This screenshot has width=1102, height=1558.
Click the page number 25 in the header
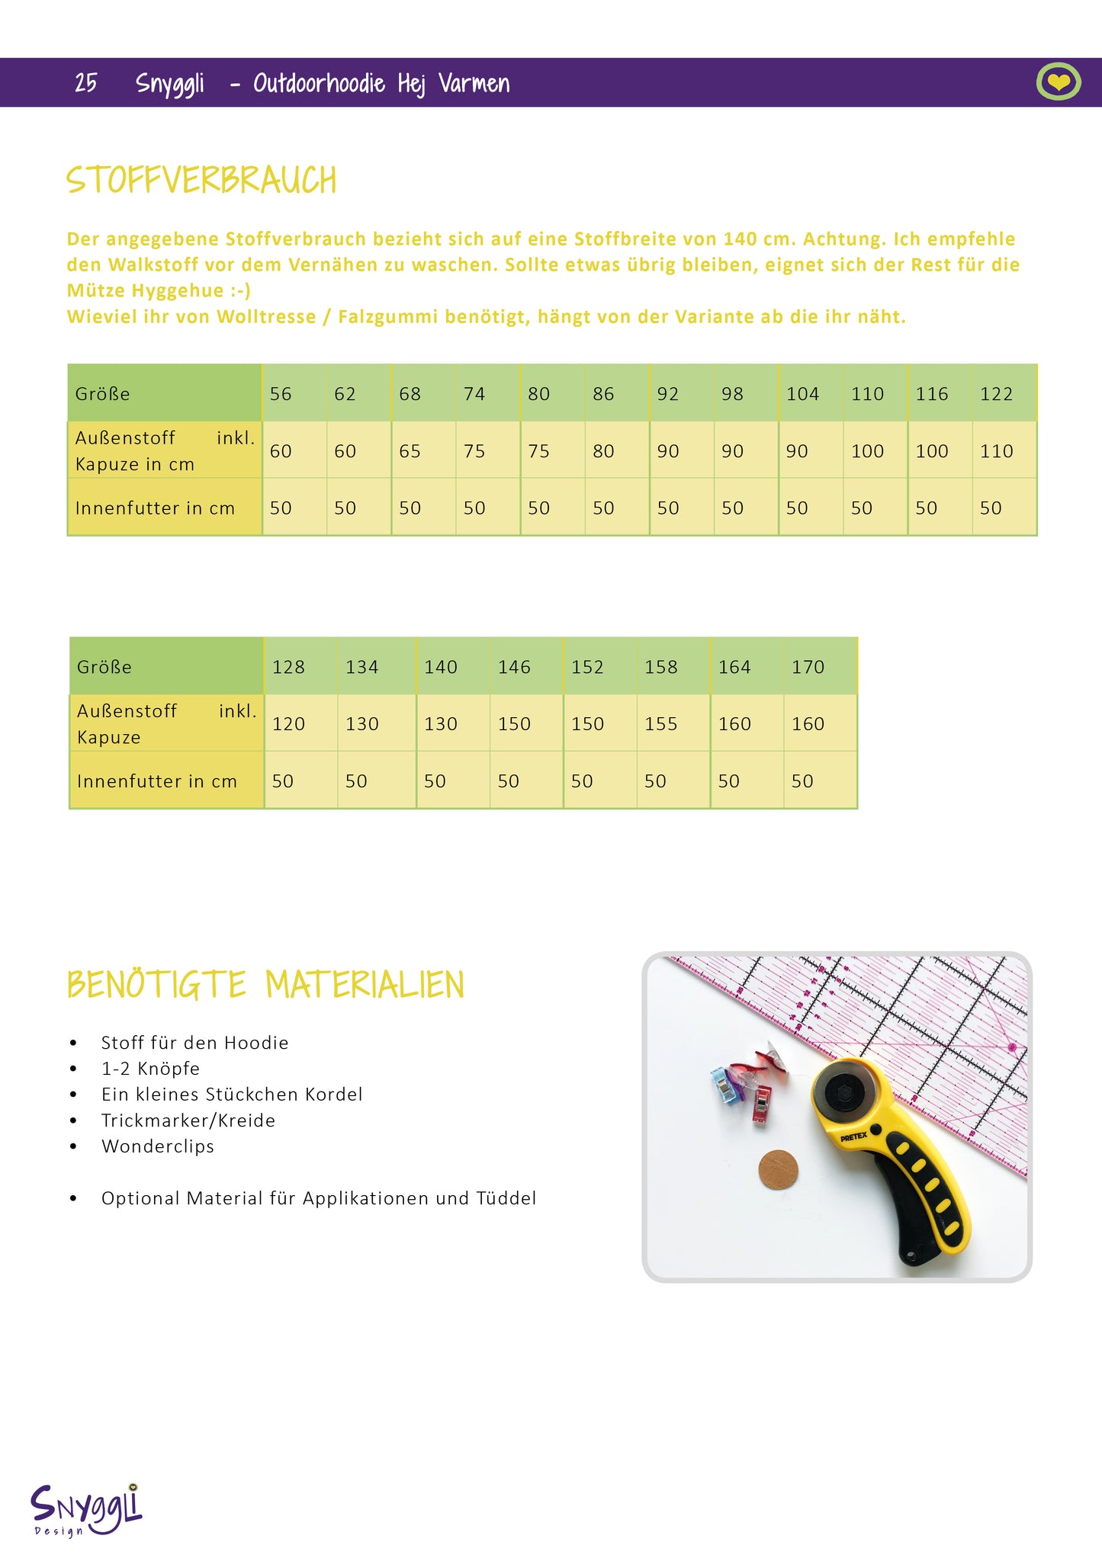(x=85, y=82)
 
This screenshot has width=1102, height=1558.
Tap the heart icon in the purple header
(x=1058, y=82)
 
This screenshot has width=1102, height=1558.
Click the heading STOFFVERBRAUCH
(x=201, y=180)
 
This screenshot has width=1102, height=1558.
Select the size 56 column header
(x=281, y=394)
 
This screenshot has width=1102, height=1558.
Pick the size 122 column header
(x=996, y=394)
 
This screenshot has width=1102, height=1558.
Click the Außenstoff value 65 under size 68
(x=410, y=451)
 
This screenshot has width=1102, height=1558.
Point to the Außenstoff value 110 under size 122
(x=996, y=451)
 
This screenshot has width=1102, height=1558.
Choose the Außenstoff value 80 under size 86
(x=603, y=451)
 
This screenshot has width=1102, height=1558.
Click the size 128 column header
(x=288, y=667)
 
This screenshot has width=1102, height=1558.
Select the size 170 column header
(x=808, y=667)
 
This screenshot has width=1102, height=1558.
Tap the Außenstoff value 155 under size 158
(x=660, y=724)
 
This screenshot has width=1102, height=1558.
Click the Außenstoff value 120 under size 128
(x=288, y=724)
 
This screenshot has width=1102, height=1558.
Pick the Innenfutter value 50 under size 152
(x=582, y=781)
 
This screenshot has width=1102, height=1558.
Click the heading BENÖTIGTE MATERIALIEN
(x=265, y=984)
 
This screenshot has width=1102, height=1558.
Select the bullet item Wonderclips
(x=158, y=1146)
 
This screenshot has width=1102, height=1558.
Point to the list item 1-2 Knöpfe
(x=150, y=1069)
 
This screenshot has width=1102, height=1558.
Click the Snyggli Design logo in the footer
(x=86, y=1509)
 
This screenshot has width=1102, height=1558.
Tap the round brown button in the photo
(x=778, y=1168)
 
